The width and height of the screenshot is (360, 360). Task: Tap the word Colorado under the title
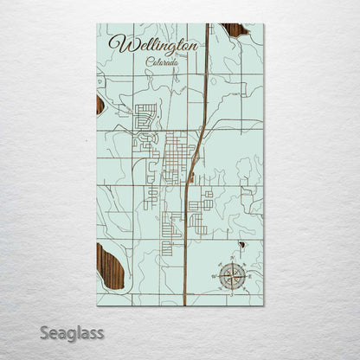pyautogui.click(x=164, y=61)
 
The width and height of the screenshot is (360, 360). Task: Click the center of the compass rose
pyautogui.click(x=232, y=276)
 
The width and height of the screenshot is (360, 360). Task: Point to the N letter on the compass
pyautogui.click(x=232, y=259)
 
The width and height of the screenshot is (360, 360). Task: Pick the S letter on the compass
pyautogui.click(x=232, y=294)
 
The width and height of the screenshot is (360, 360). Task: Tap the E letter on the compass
pyautogui.click(x=249, y=276)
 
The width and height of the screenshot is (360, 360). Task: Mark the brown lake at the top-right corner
pyautogui.click(x=235, y=30)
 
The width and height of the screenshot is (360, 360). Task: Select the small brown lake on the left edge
pyautogui.click(x=100, y=105)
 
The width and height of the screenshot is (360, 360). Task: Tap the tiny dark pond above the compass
pyautogui.click(x=243, y=245)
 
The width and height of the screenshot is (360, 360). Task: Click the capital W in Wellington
pyautogui.click(x=118, y=43)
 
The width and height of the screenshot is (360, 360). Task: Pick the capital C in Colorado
pyautogui.click(x=149, y=61)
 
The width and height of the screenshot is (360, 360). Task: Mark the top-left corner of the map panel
pyautogui.click(x=97, y=24)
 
